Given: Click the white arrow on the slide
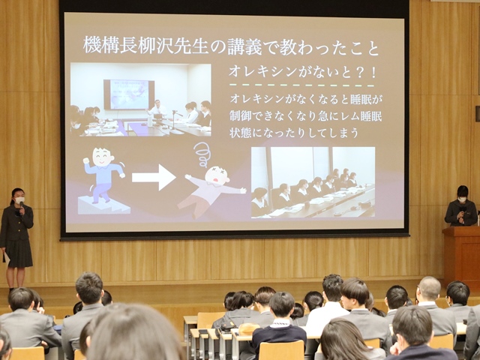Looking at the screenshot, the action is point(154,177).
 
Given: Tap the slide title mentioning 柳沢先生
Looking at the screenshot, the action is point(231,46).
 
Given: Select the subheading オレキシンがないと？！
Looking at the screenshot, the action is point(302,72).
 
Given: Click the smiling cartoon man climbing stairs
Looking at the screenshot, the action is point(103,175).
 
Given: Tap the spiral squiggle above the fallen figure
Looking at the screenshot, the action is point(202,154).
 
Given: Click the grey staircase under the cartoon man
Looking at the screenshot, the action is point(103,205).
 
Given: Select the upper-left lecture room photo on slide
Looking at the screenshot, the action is point(141,100).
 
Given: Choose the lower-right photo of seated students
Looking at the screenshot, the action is point(313,182).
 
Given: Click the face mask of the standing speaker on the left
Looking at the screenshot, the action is point(20,200).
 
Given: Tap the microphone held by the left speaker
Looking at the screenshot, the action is point(21,208).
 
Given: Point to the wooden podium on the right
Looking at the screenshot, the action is point(461,256).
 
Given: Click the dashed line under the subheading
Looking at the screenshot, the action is point(302,85).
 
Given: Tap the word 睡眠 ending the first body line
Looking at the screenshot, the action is point(363,99).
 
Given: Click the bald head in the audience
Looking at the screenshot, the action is point(428,288).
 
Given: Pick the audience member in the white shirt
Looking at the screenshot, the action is point(330,306).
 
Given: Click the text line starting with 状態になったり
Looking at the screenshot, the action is point(294,133).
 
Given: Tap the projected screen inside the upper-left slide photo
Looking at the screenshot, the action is point(129,94).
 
